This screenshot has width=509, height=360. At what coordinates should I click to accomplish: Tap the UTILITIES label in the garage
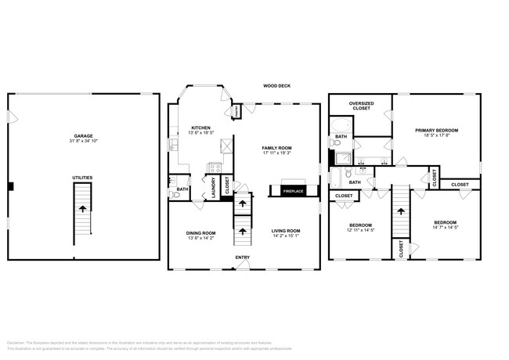tap(82, 178)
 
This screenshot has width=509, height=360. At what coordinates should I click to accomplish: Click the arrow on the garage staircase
tap(82, 208)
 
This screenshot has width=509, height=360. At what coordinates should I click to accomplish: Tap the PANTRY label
tap(236, 113)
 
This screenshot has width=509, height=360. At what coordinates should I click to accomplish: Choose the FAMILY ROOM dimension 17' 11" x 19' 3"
tap(277, 153)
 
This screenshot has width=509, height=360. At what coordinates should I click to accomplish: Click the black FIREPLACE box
tap(293, 191)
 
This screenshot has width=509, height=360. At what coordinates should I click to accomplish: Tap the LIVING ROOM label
tap(286, 231)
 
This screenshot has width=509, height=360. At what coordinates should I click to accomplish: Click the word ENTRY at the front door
tap(244, 257)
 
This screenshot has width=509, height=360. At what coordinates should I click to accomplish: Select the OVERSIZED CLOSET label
tap(361, 104)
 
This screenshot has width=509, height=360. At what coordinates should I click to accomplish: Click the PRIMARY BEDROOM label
tap(436, 130)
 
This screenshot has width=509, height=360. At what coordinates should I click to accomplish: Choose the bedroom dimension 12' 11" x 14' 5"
tap(361, 229)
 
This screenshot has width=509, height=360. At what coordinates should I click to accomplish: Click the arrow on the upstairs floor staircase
tap(402, 210)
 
